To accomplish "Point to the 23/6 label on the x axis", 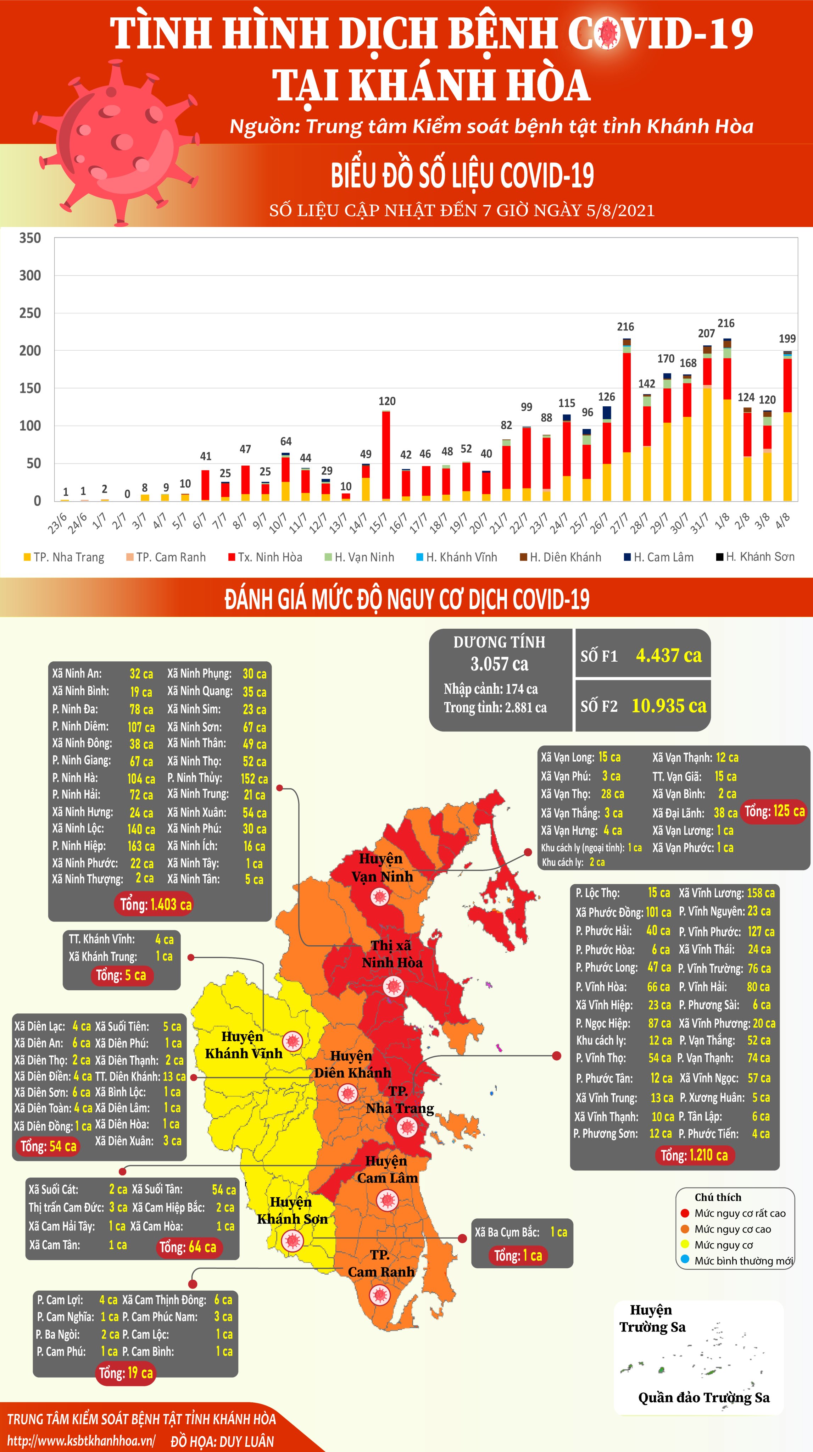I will (57, 524).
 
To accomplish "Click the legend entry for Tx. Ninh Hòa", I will (265, 557).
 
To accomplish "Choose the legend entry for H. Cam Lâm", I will (658, 557).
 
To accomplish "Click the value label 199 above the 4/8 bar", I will (787, 339).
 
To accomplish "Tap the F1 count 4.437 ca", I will (669, 656).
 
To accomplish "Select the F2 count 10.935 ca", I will (669, 706).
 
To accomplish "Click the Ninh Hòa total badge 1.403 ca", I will (156, 905).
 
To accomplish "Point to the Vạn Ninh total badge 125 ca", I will (775, 812).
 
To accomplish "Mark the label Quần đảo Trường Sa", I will (704, 1397).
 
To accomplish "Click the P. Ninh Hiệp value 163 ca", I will (141, 846).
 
